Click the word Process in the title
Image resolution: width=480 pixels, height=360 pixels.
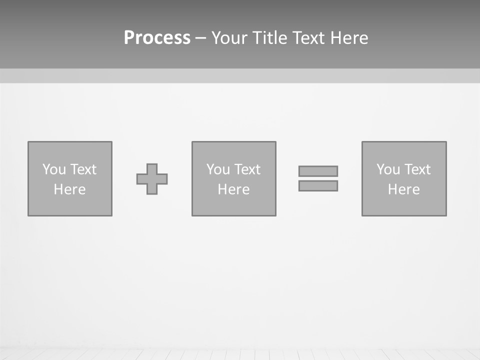point(157,38)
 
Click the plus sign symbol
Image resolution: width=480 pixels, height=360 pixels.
point(152,179)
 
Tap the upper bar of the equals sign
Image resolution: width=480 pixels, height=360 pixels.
point(318,171)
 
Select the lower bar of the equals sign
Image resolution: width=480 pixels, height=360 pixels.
point(318,185)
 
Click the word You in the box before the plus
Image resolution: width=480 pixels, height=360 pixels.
point(54,169)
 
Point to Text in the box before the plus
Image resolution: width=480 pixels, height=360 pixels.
point(82,169)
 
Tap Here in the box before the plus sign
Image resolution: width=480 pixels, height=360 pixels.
point(69,189)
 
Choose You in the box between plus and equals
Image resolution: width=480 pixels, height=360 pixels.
point(218,169)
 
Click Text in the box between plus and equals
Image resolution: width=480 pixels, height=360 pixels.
point(246,169)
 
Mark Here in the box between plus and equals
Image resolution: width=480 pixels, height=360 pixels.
point(233,189)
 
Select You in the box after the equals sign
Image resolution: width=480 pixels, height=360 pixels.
point(388,169)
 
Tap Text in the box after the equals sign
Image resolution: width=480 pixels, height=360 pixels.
point(416,169)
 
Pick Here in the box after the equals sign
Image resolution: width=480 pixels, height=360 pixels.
point(403,189)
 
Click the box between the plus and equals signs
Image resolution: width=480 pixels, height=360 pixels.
point(233,205)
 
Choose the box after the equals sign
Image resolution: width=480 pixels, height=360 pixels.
point(403,205)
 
